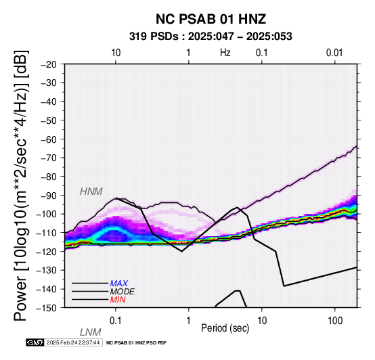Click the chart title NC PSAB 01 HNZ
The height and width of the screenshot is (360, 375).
click(x=211, y=19)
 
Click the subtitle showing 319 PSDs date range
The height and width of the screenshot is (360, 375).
click(x=211, y=37)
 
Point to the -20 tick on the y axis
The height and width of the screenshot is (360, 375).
click(x=49, y=64)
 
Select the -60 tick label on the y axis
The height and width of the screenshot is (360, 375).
click(x=49, y=139)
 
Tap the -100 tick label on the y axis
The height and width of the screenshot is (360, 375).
click(x=47, y=214)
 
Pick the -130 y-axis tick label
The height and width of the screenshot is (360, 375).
click(x=47, y=270)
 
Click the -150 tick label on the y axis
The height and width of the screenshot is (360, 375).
click(x=47, y=308)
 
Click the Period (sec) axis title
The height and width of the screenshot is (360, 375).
click(x=225, y=328)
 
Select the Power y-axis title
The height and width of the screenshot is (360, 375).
click(x=21, y=185)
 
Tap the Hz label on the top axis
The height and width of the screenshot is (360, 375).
click(x=225, y=53)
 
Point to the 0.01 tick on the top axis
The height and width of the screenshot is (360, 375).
click(x=334, y=53)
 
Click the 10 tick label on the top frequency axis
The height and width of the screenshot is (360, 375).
click(x=116, y=53)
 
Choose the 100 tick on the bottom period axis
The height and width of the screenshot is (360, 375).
click(x=335, y=321)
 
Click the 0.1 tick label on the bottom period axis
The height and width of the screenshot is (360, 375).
click(x=116, y=321)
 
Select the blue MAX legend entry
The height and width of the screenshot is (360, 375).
click(x=119, y=284)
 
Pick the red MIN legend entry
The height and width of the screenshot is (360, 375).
click(x=118, y=300)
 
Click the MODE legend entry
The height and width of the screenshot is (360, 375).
click(x=123, y=292)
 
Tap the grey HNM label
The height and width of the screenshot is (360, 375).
click(x=91, y=192)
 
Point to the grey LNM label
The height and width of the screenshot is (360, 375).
click(x=91, y=332)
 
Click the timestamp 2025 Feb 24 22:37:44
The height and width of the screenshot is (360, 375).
click(x=73, y=342)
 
